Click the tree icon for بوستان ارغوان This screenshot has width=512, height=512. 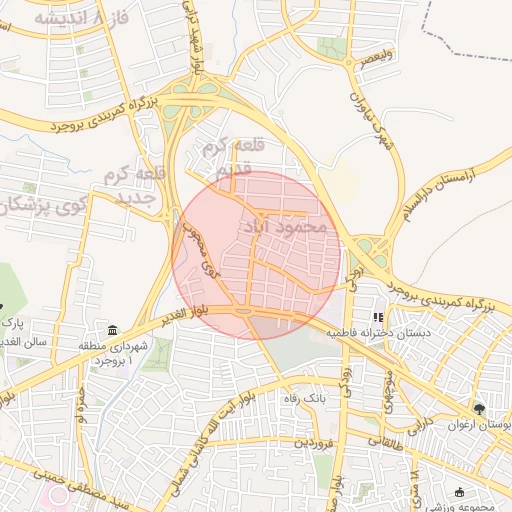click(x=479, y=409)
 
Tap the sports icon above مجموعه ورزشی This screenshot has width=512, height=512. click(x=459, y=492)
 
